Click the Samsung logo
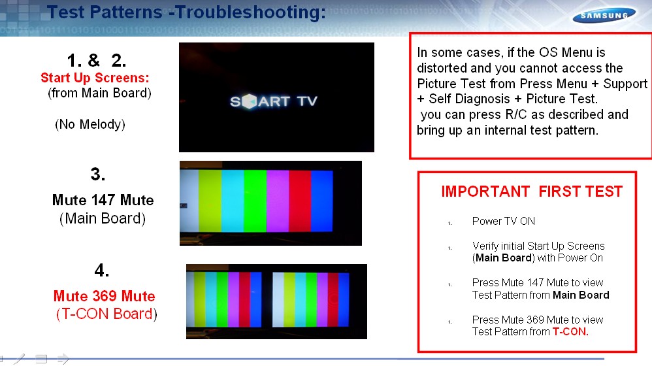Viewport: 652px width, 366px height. (604, 16)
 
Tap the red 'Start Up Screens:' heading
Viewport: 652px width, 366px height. (95, 78)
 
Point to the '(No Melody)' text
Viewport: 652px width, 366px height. (90, 124)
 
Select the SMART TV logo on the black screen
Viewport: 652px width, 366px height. (274, 101)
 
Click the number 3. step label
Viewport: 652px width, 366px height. (98, 174)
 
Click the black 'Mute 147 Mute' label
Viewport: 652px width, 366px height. (103, 200)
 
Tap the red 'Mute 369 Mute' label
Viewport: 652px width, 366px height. (104, 296)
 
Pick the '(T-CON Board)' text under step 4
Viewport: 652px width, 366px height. (106, 314)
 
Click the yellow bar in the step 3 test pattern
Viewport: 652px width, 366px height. (210, 201)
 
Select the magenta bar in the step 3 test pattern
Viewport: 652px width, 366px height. (278, 201)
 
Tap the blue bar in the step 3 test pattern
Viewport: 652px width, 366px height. (322, 201)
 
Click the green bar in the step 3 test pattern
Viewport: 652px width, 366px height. (255, 201)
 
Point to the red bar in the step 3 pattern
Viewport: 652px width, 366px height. (300, 201)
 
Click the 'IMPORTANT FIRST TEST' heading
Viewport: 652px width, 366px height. (532, 191)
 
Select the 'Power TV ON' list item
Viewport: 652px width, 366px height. (504, 222)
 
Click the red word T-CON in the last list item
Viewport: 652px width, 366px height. (569, 331)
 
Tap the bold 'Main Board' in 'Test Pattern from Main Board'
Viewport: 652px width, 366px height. (581, 295)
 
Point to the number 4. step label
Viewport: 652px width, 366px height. (102, 270)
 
